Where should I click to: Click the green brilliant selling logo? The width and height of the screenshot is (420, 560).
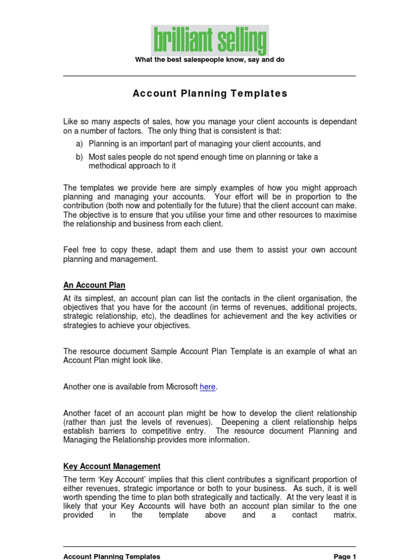(x=210, y=41)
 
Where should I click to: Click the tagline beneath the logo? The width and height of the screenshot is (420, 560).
(x=210, y=60)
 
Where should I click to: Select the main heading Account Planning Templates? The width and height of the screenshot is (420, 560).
(x=210, y=94)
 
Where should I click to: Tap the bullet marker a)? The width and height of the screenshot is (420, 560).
(x=79, y=144)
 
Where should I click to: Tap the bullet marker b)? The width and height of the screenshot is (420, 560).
(x=79, y=157)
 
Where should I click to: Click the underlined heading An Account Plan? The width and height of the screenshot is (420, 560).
(x=95, y=285)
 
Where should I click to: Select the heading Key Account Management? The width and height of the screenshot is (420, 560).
(x=112, y=466)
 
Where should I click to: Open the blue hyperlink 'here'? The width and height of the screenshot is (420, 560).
(x=208, y=387)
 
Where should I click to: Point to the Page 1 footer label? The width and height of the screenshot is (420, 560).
(x=345, y=556)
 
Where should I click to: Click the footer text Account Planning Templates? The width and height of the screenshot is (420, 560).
(x=112, y=556)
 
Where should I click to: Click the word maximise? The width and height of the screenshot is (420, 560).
(x=340, y=215)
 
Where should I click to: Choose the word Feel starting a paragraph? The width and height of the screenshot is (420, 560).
(x=72, y=250)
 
